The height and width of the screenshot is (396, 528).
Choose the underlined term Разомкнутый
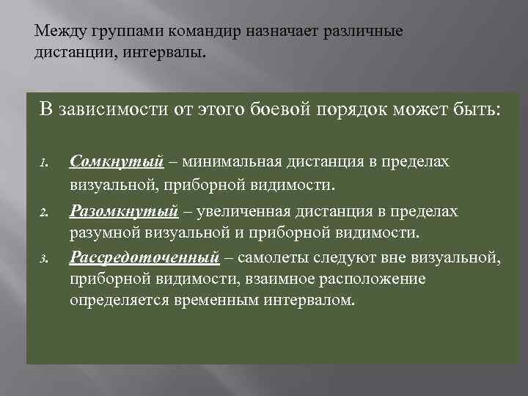[x=124, y=211]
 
